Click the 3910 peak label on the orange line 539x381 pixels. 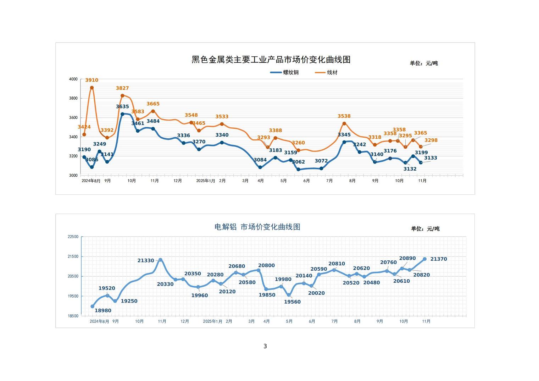pyautogui.click(x=91, y=80)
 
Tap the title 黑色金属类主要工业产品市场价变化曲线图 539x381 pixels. pyautogui.click(x=271, y=60)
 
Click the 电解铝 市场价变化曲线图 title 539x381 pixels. pyautogui.click(x=257, y=227)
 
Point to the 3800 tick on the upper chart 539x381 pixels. pyautogui.click(x=73, y=98)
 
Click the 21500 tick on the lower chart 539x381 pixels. pyautogui.click(x=73, y=256)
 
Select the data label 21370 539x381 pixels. pyautogui.click(x=439, y=259)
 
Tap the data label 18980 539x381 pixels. pyautogui.click(x=103, y=311)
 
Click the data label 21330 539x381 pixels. pyautogui.click(x=146, y=261)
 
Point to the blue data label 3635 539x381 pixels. pyautogui.click(x=122, y=107)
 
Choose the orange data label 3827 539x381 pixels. pyautogui.click(x=122, y=88)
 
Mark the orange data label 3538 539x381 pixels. pyautogui.click(x=344, y=116)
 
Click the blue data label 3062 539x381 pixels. pyautogui.click(x=298, y=162)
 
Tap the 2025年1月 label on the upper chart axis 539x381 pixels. pyautogui.click(x=206, y=181)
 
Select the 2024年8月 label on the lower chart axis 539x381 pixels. pyautogui.click(x=99, y=321)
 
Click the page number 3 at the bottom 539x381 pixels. pyautogui.click(x=265, y=346)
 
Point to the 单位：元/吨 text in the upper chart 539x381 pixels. pyautogui.click(x=424, y=63)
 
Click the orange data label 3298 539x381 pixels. pyautogui.click(x=431, y=140)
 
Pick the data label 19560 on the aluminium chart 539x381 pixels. pyautogui.click(x=292, y=302)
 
